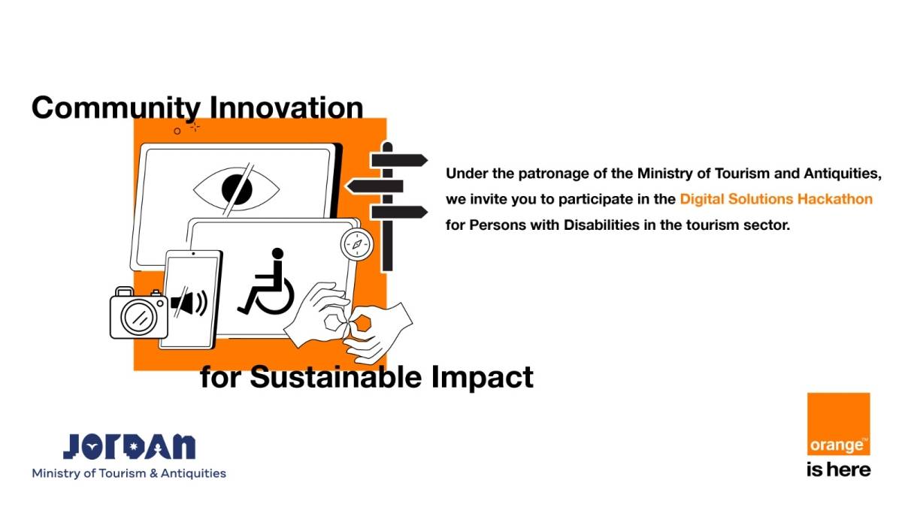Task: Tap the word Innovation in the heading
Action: pyautogui.click(x=285, y=107)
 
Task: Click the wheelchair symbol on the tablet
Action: pyautogui.click(x=267, y=283)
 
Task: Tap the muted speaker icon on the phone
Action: pyautogui.click(x=189, y=303)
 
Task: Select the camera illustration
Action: pyautogui.click(x=138, y=313)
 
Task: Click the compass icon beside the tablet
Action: pyautogui.click(x=356, y=244)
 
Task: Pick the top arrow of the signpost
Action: pyautogui.click(x=399, y=160)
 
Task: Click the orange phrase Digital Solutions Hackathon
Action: pyautogui.click(x=776, y=199)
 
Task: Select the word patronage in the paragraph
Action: pyautogui.click(x=551, y=174)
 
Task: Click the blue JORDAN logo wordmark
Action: pyautogui.click(x=129, y=446)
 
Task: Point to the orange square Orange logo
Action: pyautogui.click(x=838, y=424)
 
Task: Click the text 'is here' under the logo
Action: pyautogui.click(x=838, y=470)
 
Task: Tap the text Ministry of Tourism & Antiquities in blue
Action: pyautogui.click(x=129, y=473)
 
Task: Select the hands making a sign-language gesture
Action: pyautogui.click(x=353, y=321)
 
